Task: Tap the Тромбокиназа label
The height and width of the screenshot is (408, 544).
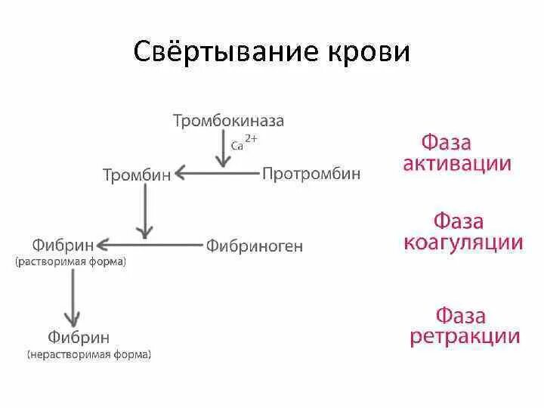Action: [228, 121]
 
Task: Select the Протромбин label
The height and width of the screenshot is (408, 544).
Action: [311, 174]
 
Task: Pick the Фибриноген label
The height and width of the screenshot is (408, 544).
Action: [254, 246]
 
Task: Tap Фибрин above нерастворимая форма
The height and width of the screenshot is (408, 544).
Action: [78, 337]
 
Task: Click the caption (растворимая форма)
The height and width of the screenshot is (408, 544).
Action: [70, 261]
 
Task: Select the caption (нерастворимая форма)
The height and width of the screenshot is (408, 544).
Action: [89, 354]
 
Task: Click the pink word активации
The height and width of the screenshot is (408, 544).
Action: [456, 164]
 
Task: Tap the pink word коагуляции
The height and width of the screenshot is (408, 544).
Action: [463, 243]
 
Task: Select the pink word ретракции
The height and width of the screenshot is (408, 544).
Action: [465, 336]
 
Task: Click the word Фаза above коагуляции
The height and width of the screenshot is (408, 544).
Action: [459, 221]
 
